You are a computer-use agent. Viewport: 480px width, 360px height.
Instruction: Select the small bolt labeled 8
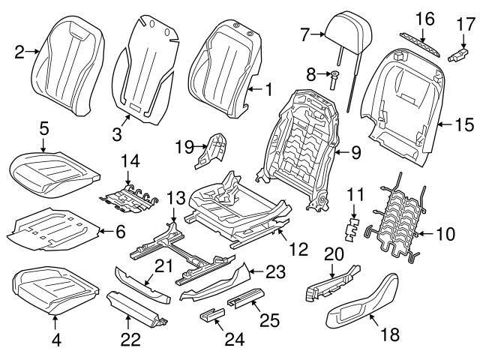(x=335, y=76)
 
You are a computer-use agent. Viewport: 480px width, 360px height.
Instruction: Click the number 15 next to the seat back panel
(x=460, y=123)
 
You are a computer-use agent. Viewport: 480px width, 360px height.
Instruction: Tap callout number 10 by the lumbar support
(x=445, y=234)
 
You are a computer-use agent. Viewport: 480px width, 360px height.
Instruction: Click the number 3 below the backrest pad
(x=117, y=134)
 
